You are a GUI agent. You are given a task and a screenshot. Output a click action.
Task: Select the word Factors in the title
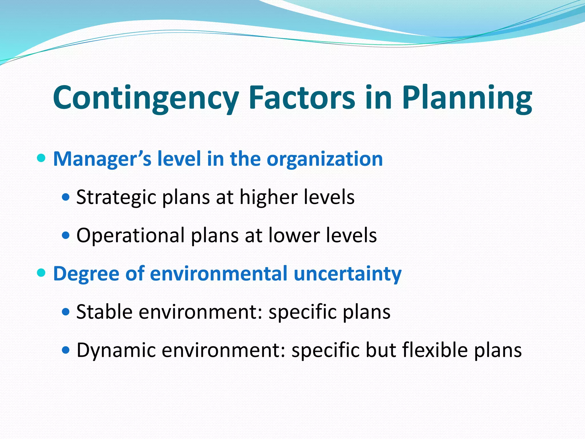pos(302,98)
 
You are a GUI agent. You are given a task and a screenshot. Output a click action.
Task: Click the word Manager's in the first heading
pos(102,159)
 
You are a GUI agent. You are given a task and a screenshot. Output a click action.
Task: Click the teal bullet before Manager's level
pos(41,158)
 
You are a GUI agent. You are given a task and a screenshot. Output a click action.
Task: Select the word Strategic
pos(116,197)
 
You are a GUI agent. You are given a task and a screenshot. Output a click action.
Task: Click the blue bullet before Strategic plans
pos(66,197)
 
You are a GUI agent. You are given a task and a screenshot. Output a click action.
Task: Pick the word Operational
pos(131,236)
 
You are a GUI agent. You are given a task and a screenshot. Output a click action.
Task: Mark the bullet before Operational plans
pos(66,236)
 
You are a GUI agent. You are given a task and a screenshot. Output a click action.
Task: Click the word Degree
pos(86,274)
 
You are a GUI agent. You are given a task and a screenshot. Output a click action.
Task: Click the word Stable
pos(104,312)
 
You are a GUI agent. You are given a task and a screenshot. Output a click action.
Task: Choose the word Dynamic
pos(116,350)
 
